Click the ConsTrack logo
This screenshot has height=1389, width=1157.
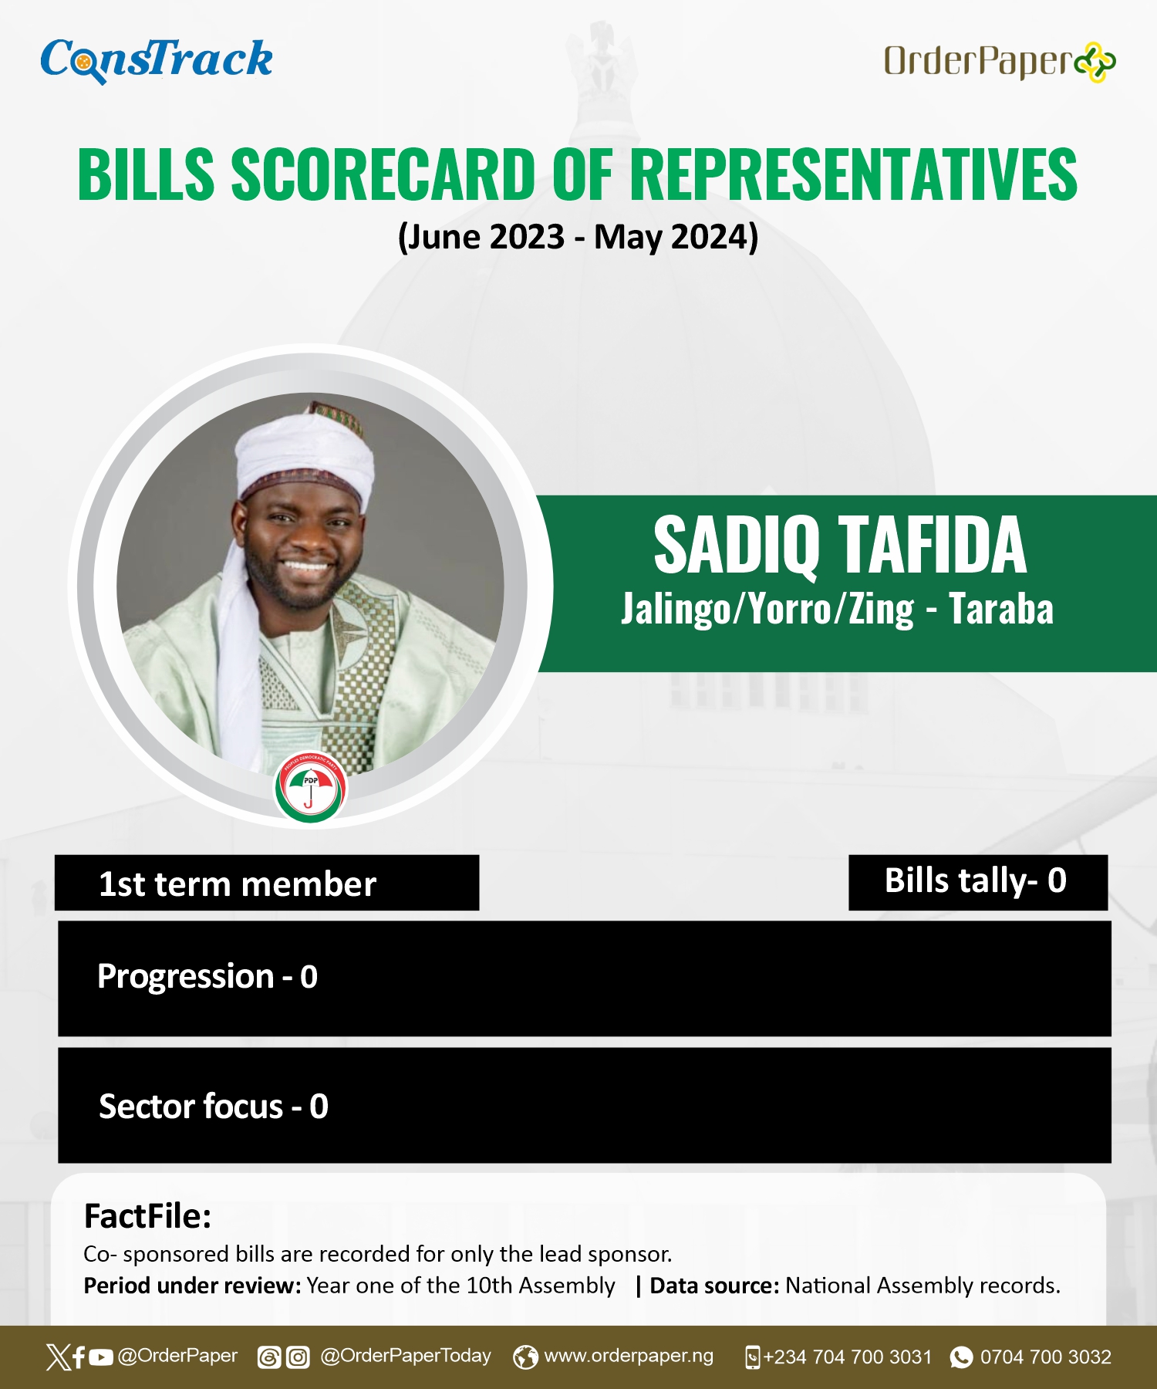[x=157, y=60]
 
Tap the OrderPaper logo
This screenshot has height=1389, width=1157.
[x=1000, y=62]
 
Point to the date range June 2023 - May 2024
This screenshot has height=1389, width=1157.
[x=578, y=236]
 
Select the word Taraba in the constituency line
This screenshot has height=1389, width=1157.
[x=1000, y=609]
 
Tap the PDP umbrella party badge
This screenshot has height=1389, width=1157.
[x=310, y=787]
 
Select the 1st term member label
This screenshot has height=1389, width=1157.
[x=238, y=884]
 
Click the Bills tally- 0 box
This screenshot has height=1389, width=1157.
[x=978, y=882]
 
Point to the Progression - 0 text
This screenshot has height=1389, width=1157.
[x=207, y=977]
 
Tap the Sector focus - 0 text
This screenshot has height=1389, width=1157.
[x=214, y=1107]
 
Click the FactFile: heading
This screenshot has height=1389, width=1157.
[x=147, y=1216]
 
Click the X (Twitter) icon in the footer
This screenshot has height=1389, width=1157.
[x=58, y=1357]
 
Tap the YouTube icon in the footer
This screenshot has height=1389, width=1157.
[x=101, y=1357]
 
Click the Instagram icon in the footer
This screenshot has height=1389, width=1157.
[x=298, y=1357]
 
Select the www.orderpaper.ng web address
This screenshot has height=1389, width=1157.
[x=629, y=1356]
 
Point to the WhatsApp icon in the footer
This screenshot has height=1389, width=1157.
[x=961, y=1357]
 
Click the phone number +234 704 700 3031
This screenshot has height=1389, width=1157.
[x=848, y=1357]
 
